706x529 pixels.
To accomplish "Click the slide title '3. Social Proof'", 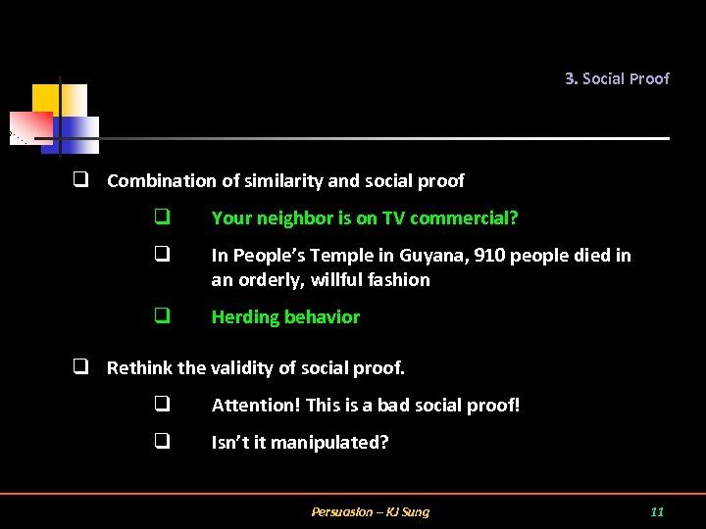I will (x=617, y=78).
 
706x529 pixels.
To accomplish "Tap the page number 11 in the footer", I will (x=657, y=511).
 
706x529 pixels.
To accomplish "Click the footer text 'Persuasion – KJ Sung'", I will (x=370, y=511).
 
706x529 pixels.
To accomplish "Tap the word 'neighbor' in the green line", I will (x=291, y=217).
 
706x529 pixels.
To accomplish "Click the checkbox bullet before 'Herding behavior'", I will (x=162, y=316).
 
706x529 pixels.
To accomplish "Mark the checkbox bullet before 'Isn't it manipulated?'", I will (x=162, y=441).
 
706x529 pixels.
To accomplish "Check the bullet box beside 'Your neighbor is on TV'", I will (x=162, y=217).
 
